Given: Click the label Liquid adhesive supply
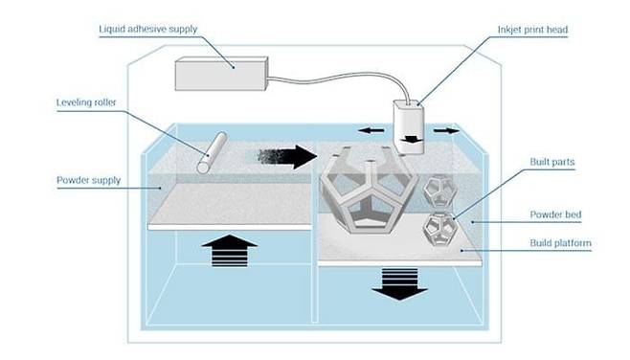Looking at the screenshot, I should click(x=147, y=29).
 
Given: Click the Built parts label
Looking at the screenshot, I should click(x=551, y=162).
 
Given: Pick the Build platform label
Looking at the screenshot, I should click(x=559, y=243).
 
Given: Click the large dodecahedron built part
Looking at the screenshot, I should click(x=365, y=191).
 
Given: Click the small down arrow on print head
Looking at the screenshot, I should click(x=412, y=140).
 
